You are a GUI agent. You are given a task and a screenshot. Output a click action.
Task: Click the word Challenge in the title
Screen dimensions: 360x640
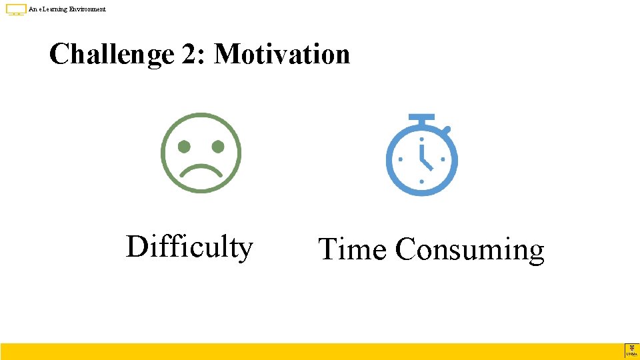[x=111, y=54]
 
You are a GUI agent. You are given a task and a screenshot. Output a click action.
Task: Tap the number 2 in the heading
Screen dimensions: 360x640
[x=188, y=54]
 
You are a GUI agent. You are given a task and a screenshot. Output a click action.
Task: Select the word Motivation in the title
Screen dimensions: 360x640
[x=282, y=54]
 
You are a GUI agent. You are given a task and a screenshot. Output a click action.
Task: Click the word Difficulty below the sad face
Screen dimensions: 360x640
[x=189, y=247]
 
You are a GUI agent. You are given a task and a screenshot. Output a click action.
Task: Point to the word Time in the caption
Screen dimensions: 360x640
[x=353, y=249]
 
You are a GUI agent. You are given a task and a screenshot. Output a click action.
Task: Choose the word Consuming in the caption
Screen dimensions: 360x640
[x=469, y=251]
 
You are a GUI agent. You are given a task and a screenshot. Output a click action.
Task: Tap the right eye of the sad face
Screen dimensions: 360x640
[x=217, y=145]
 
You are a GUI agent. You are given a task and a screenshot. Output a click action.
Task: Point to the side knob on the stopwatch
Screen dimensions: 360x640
[x=447, y=129]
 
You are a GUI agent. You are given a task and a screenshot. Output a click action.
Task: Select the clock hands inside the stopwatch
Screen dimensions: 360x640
[x=424, y=158]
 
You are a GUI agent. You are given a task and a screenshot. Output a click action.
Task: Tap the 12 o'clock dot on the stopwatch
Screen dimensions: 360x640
[x=421, y=139]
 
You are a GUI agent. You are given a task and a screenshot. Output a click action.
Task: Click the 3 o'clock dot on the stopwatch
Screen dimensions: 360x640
[x=443, y=160]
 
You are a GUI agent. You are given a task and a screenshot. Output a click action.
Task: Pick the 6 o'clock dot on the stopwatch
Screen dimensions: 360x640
[x=421, y=181]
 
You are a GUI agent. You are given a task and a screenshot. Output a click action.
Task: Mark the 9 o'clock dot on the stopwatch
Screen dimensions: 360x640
[x=400, y=160]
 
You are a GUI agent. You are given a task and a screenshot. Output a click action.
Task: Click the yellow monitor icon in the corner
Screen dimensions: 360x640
[x=16, y=9]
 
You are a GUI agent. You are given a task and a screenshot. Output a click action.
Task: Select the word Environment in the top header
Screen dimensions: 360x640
[x=87, y=9]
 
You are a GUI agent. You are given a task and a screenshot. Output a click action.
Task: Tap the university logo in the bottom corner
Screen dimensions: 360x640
[x=631, y=351]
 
